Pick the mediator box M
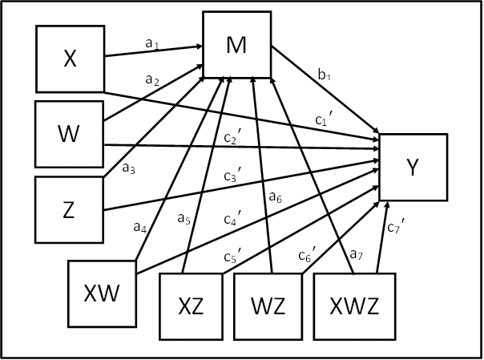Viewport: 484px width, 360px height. tap(236, 47)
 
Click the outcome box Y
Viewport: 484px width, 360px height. tap(412, 167)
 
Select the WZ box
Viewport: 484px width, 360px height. tap(264, 305)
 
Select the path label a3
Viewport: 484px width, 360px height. tap(129, 168)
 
